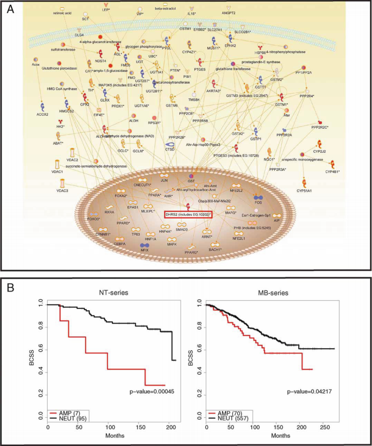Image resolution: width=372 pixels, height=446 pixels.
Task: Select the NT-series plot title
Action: click(111, 293)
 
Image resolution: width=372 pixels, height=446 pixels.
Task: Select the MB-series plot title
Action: click(273, 293)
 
